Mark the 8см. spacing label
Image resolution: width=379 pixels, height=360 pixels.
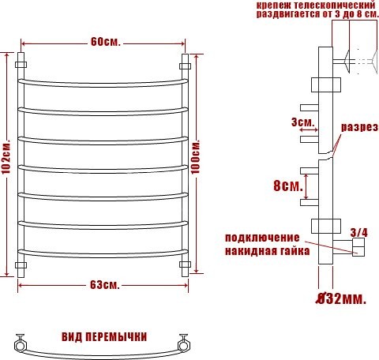(x=287, y=186)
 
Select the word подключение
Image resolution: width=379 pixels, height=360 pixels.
(x=262, y=238)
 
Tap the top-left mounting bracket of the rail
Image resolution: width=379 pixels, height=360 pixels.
(x=22, y=62)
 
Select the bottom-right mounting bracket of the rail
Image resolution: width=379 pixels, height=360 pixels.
(x=186, y=264)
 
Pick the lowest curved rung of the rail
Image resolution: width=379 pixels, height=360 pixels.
(x=104, y=252)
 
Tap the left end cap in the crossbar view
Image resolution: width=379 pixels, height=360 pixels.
(x=19, y=343)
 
